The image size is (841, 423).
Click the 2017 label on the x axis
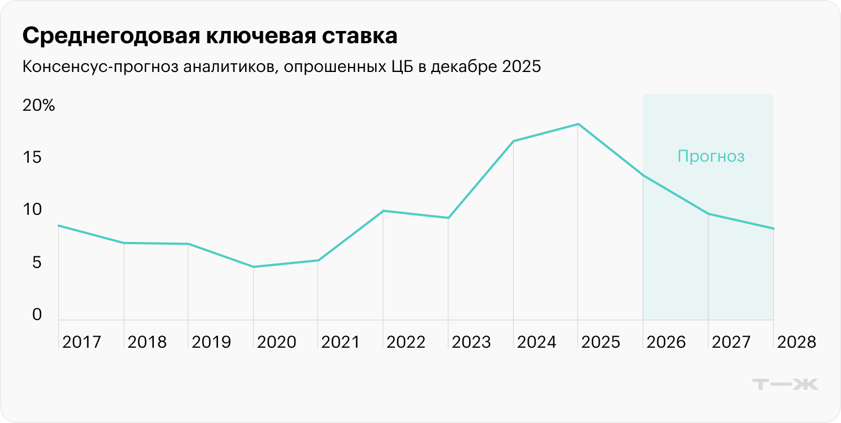[x=82, y=342]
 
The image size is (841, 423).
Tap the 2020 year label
[x=277, y=342]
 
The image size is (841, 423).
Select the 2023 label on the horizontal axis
[x=471, y=342]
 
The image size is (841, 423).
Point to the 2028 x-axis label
[x=796, y=342]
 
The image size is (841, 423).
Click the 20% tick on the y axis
[x=39, y=106]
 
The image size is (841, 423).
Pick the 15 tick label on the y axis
[x=32, y=158]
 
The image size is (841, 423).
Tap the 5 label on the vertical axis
[x=37, y=262]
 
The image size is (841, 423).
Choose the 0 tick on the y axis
[x=37, y=314]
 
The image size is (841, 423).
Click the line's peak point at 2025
[x=578, y=124]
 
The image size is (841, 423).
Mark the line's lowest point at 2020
[x=253, y=267]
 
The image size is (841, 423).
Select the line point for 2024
[x=513, y=141]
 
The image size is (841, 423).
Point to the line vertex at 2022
[x=383, y=210]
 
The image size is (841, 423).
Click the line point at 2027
[x=708, y=214]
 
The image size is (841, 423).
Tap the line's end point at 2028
[x=773, y=229]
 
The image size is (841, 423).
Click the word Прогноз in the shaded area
[x=711, y=157]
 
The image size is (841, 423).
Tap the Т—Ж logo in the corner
[x=786, y=384]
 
